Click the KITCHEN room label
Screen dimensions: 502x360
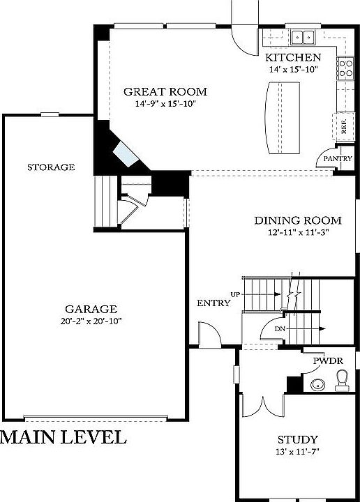click(293, 57)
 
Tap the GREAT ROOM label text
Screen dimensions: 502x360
click(165, 91)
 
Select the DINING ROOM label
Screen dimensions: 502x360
click(290, 220)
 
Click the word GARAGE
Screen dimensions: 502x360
click(91, 309)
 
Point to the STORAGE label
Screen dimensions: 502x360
click(51, 167)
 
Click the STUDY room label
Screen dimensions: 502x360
click(298, 440)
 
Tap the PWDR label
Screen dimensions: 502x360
click(325, 361)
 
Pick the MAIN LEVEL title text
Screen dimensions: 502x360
click(63, 438)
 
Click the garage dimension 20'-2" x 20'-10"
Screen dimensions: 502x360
click(91, 321)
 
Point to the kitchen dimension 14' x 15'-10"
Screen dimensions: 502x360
click(293, 69)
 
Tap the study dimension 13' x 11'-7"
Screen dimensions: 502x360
click(298, 452)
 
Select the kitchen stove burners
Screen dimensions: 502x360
click(345, 67)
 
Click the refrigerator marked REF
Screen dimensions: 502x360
click(344, 125)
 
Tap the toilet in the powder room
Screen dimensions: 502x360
click(341, 379)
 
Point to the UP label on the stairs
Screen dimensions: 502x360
click(236, 295)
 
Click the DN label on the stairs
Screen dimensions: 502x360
click(279, 328)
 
